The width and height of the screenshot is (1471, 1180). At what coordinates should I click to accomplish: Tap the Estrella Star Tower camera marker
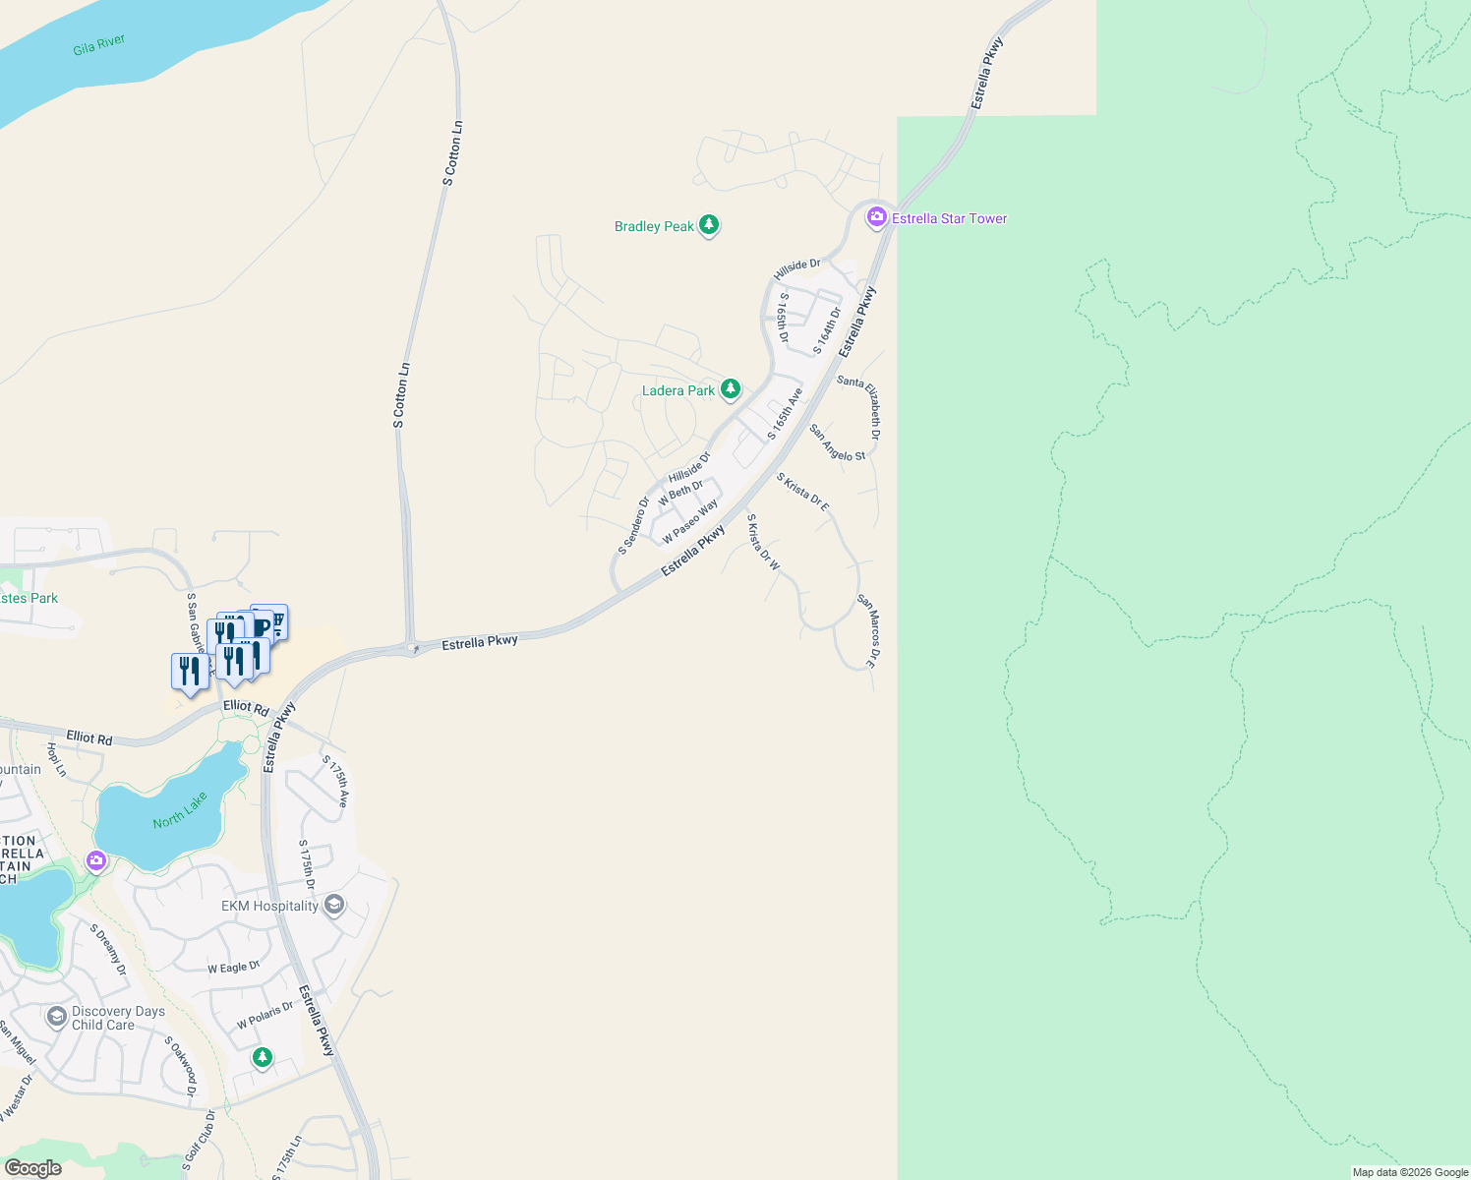(x=876, y=218)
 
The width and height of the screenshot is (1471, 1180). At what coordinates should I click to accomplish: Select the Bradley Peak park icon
(x=709, y=226)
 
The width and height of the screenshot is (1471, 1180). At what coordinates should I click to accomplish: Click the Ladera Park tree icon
(x=730, y=390)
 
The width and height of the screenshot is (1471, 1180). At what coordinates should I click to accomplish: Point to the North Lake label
(x=180, y=810)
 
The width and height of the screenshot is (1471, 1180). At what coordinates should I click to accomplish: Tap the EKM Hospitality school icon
(x=333, y=906)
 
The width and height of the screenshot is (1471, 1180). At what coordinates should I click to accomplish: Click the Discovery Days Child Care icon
(x=57, y=1016)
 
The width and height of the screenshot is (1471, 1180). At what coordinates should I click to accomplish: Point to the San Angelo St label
(x=837, y=442)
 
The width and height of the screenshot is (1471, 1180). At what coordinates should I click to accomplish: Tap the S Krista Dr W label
(x=763, y=542)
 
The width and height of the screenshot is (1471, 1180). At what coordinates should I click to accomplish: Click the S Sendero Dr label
(x=633, y=525)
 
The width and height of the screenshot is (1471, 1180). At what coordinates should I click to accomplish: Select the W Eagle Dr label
(x=234, y=968)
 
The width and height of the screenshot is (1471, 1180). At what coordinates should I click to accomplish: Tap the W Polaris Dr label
(x=265, y=1016)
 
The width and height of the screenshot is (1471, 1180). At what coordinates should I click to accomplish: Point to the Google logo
(x=32, y=1168)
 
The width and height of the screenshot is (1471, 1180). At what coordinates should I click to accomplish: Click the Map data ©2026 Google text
(x=1410, y=1172)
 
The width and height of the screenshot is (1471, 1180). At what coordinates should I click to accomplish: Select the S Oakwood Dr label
(x=181, y=1066)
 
